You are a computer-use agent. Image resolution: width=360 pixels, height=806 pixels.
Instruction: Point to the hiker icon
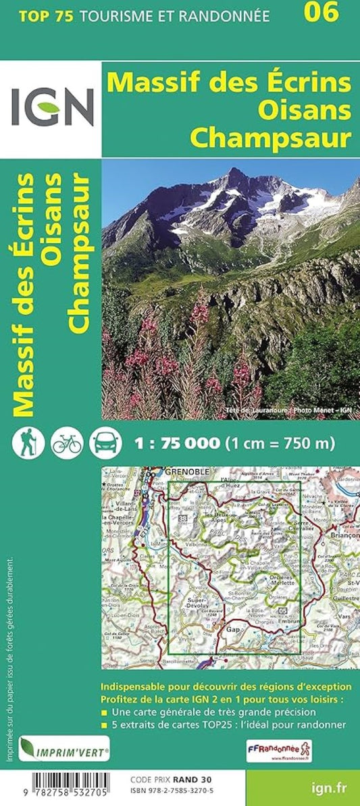28,443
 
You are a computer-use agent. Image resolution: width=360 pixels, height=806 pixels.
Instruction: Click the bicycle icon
66,443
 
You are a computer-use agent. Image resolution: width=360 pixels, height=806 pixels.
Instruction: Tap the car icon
105,443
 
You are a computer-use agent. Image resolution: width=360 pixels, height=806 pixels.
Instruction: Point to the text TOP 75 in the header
38,14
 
